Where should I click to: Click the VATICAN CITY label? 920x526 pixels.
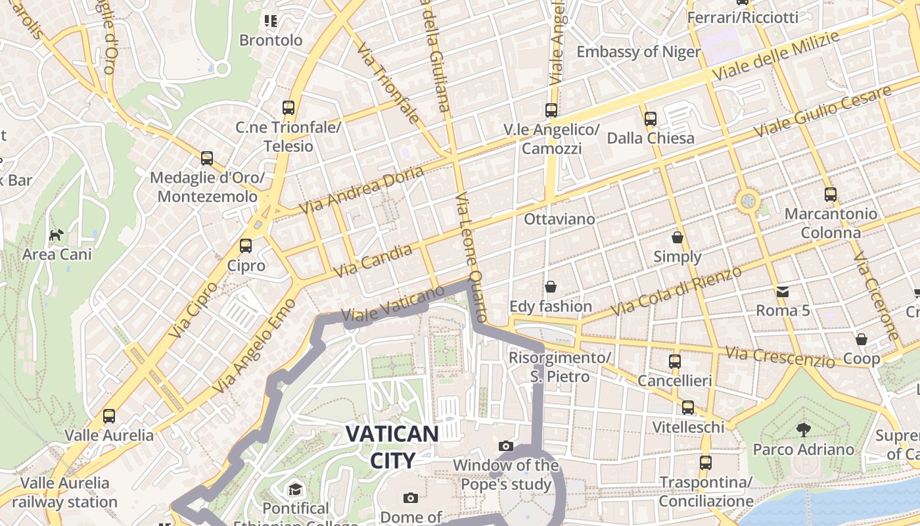(392, 446)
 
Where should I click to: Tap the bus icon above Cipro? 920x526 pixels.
(246, 246)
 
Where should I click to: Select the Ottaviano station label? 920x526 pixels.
(559, 219)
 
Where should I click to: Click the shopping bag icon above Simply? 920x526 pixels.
(678, 237)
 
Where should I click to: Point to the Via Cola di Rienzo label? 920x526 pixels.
(676, 290)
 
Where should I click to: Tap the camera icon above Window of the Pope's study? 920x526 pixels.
(506, 446)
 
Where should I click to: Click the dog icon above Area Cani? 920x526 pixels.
(57, 235)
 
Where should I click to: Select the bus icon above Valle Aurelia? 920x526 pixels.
(109, 416)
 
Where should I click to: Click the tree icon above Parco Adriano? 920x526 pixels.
(803, 430)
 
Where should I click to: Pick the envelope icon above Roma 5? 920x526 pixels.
(783, 291)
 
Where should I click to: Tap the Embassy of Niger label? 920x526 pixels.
(639, 52)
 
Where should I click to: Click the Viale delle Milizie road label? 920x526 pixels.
(775, 56)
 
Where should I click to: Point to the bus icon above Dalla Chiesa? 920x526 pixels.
(651, 119)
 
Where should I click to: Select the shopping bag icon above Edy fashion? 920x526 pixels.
(551, 287)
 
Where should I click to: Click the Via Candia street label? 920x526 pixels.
(373, 260)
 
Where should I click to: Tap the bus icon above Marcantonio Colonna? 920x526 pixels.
(831, 195)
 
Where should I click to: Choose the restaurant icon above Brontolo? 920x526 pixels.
(271, 21)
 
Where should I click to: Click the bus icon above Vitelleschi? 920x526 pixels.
(688, 408)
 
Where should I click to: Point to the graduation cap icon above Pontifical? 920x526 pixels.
(295, 489)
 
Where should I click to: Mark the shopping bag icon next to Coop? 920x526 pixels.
(862, 339)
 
